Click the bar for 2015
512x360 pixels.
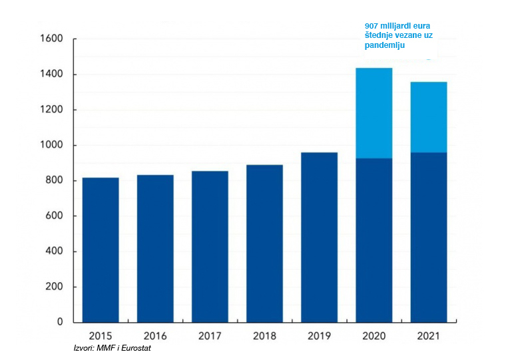101,250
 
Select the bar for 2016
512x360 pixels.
155,248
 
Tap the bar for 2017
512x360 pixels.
210,246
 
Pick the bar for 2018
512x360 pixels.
264,243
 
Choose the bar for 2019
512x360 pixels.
319,237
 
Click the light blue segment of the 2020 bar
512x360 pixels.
374,113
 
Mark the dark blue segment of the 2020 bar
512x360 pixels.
374,240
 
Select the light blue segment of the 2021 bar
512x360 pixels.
428,117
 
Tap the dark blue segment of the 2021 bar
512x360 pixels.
428,237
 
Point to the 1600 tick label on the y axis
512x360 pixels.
51,39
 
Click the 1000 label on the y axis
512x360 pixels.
51,145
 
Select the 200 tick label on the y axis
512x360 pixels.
53,287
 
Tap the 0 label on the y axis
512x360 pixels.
60,322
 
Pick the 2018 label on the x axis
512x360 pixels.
264,336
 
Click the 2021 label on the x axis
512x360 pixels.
428,336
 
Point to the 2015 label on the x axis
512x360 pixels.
101,336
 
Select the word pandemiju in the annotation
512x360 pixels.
384,47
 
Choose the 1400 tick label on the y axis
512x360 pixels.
51,75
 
